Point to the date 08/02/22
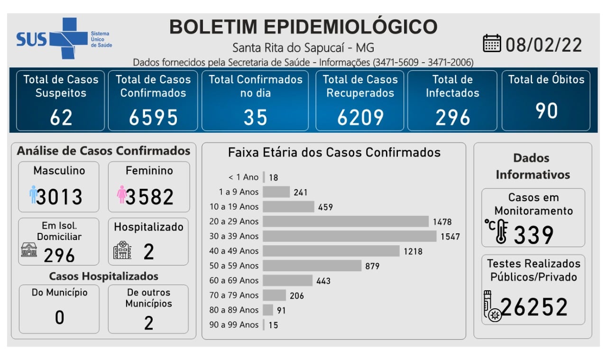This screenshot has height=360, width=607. (x=543, y=45)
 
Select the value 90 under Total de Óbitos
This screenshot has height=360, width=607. (x=546, y=111)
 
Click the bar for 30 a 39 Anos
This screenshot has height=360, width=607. (x=349, y=236)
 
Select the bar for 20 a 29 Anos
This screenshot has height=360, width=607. (x=346, y=222)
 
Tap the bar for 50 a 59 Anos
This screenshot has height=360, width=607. (x=312, y=266)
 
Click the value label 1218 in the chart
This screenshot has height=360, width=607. (x=413, y=251)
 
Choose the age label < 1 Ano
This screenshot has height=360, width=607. (x=243, y=177)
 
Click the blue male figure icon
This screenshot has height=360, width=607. (x=33, y=194)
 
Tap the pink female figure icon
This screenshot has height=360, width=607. (x=121, y=194)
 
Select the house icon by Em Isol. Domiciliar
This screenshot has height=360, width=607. (x=29, y=249)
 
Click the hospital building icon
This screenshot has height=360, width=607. (x=122, y=249)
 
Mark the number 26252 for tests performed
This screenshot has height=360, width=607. (x=534, y=307)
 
